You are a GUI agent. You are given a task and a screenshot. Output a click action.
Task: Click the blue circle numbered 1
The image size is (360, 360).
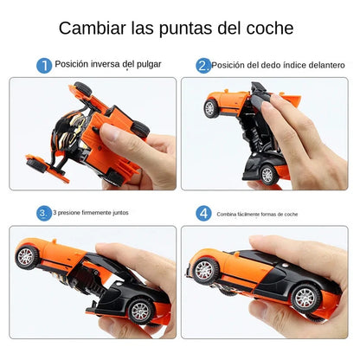click(43, 66)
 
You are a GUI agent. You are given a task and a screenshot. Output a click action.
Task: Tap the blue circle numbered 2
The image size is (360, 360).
click(203, 66)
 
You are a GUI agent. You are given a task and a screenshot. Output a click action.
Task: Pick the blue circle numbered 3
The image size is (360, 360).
click(43, 213)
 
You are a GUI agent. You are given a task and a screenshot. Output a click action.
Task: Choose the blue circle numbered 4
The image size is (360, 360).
click(203, 213)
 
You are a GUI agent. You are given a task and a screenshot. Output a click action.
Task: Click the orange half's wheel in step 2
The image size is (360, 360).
click(210, 108)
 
